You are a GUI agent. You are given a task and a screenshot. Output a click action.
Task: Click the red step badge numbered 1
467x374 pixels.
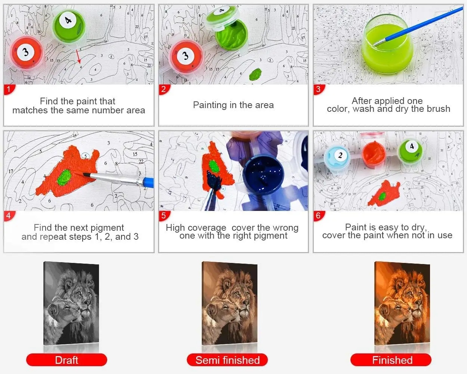[9, 89]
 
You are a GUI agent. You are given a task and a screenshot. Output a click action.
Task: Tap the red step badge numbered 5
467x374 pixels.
[164, 216]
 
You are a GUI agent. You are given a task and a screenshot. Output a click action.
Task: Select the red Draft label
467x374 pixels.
[67, 360]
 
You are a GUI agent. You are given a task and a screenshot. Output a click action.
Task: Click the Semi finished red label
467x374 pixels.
[227, 360]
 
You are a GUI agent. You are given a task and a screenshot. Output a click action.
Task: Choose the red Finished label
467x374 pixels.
[391, 360]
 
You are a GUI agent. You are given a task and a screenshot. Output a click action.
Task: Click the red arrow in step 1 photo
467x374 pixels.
[78, 56]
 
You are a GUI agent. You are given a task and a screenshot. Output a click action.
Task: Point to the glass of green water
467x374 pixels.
[387, 45]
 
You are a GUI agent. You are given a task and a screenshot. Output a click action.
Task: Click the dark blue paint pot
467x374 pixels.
[263, 174]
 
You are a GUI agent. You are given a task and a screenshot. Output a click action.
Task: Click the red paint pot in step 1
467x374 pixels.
[27, 52]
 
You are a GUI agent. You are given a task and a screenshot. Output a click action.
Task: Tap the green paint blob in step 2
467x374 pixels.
[255, 74]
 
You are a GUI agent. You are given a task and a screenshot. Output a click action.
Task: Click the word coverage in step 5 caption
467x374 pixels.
[207, 228]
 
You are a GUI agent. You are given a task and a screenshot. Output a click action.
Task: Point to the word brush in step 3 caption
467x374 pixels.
[439, 109]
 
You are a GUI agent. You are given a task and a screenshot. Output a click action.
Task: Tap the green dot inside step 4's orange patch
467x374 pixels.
[65, 177]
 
